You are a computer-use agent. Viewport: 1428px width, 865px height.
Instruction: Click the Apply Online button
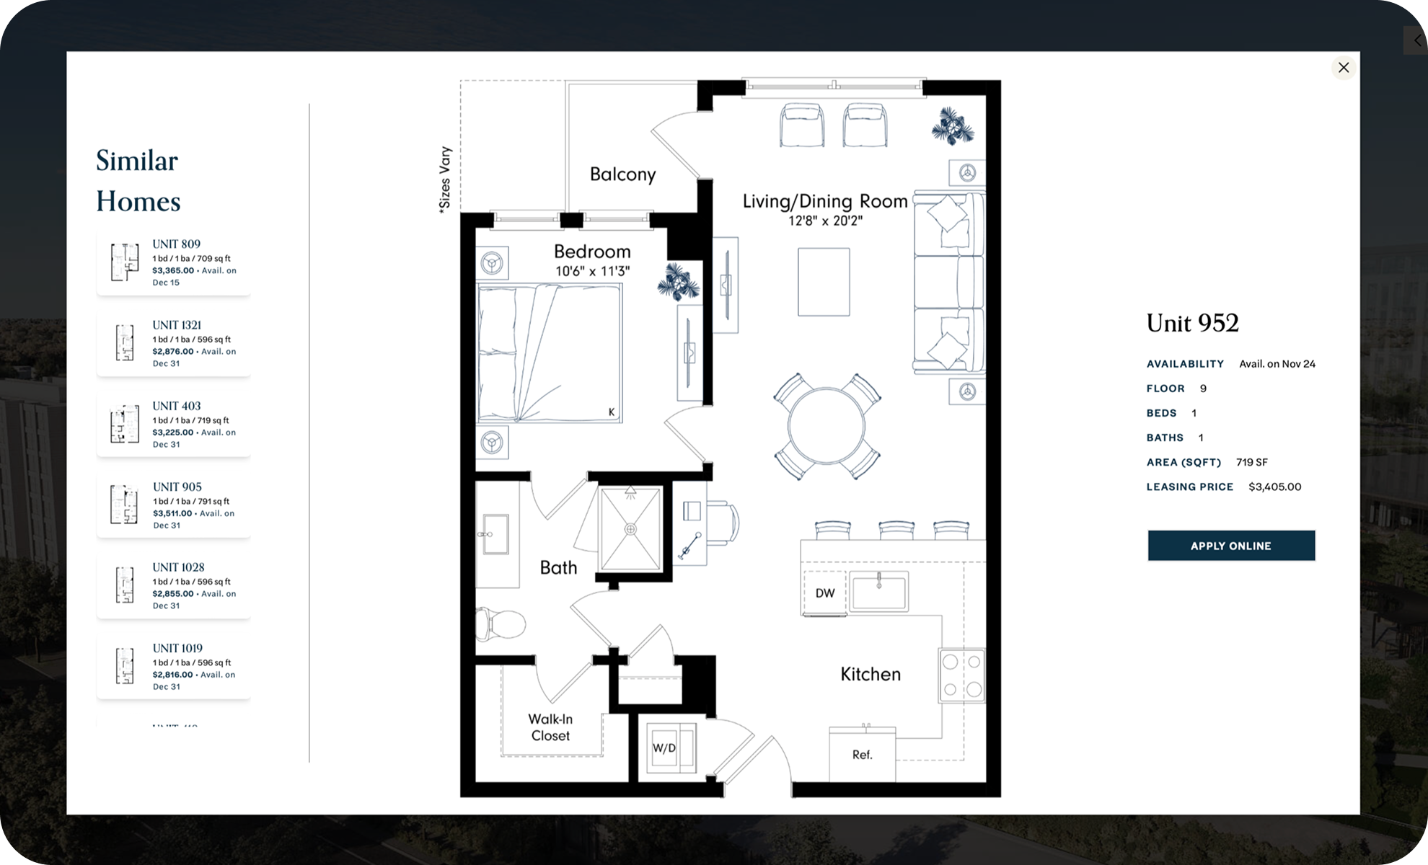point(1231,546)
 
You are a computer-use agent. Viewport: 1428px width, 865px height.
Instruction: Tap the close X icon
point(1343,68)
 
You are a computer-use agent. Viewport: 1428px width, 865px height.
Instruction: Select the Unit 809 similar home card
point(174,263)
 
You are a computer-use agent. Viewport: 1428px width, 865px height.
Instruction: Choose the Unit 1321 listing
point(174,344)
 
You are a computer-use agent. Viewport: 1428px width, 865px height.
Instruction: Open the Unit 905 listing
point(174,505)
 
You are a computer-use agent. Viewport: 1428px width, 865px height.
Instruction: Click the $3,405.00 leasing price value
point(1274,487)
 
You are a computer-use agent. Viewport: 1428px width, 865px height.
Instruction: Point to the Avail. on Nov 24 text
point(1277,364)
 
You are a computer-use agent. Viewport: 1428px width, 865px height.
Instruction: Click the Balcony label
point(622,174)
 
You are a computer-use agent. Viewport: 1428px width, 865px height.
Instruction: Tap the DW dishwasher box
point(824,593)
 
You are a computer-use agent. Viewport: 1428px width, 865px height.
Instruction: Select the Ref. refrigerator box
point(862,755)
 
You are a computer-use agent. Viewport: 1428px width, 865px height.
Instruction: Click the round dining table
point(827,427)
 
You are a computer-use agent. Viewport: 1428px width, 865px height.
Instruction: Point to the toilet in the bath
point(501,623)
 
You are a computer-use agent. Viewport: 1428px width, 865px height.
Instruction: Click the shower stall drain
point(630,530)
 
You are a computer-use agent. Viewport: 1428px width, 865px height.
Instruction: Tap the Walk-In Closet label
point(550,727)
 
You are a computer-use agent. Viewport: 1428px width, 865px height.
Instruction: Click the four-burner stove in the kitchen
point(961,675)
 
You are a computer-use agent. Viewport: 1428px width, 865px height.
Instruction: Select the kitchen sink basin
point(878,592)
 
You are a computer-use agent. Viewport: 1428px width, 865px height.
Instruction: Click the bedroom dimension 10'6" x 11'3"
point(592,272)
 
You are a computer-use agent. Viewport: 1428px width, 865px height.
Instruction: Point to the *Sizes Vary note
point(445,179)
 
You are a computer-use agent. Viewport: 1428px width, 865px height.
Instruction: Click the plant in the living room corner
point(953,128)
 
